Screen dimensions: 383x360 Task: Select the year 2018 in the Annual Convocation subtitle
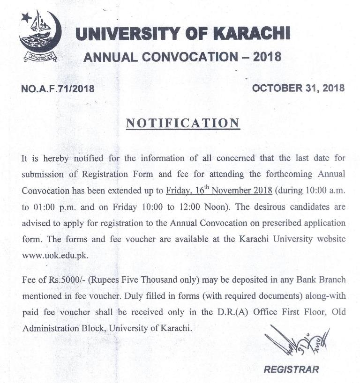(x=268, y=57)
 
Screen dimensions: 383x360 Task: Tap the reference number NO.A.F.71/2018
(x=58, y=88)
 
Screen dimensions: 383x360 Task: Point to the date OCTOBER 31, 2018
(x=299, y=88)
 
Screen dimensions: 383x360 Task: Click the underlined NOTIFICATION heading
(x=183, y=123)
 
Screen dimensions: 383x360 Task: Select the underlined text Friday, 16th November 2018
(x=219, y=191)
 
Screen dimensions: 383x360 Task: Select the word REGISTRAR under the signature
(x=291, y=369)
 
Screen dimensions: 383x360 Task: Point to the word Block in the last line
(x=93, y=328)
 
